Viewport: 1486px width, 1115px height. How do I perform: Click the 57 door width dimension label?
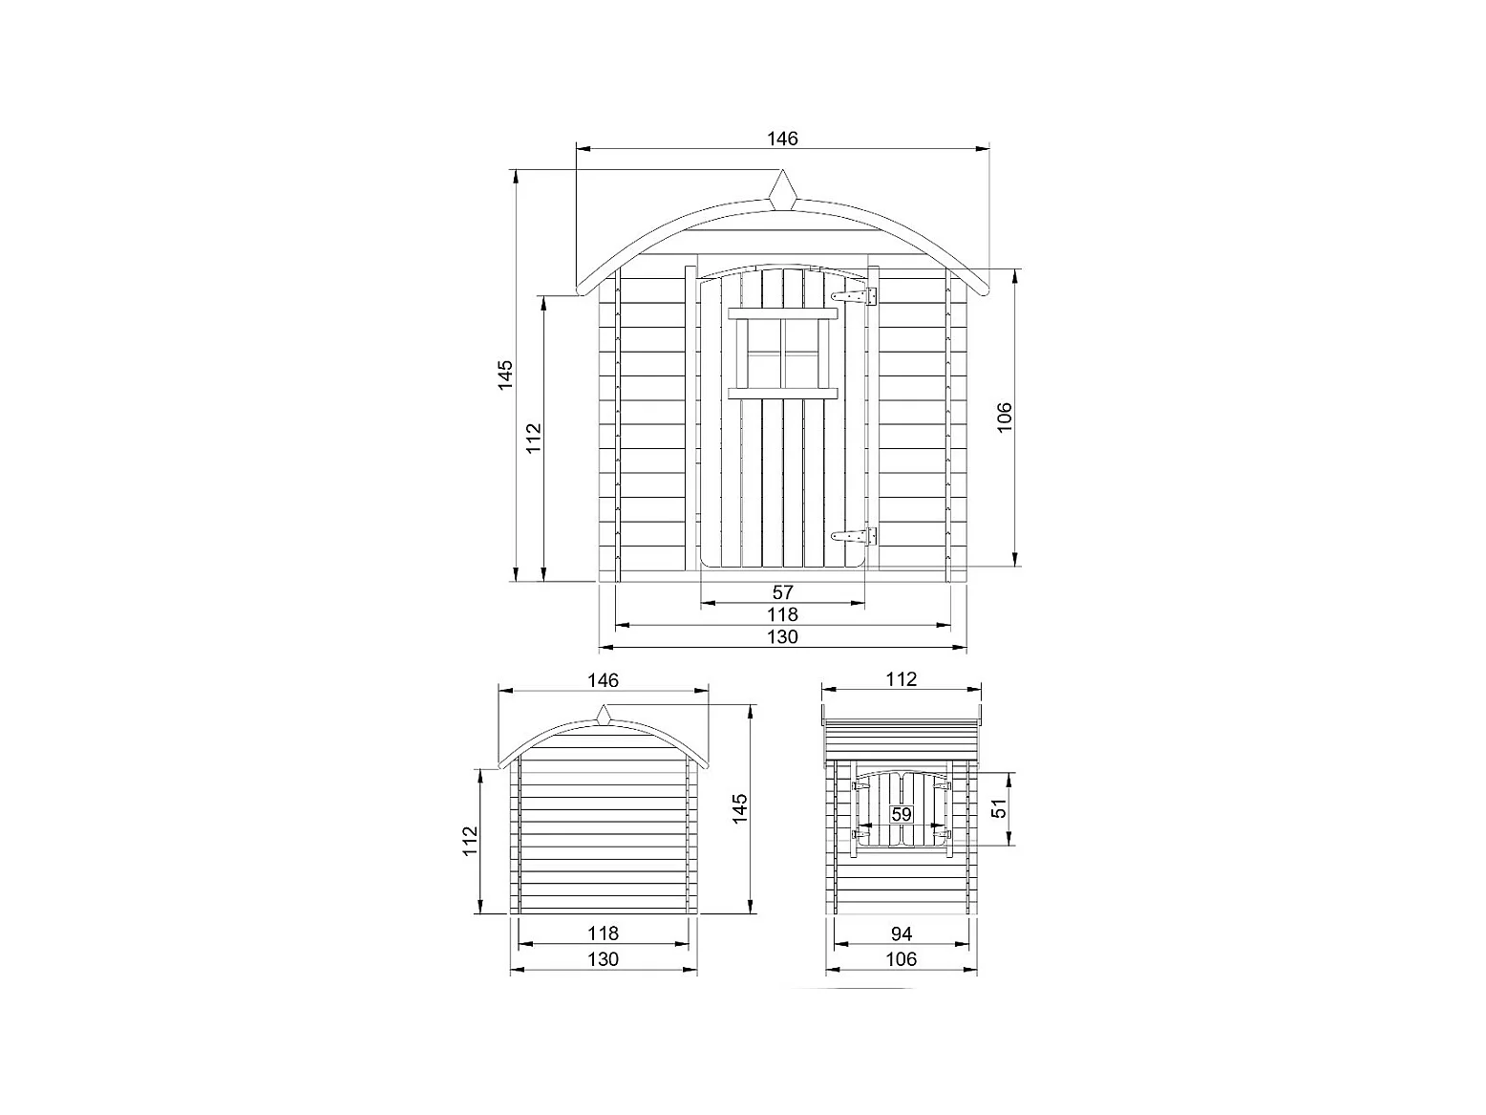click(782, 592)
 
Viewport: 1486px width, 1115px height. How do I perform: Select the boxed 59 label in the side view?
click(902, 814)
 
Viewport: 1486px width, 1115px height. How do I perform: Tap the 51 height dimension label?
click(999, 808)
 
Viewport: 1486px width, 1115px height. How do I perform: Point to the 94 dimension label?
click(902, 934)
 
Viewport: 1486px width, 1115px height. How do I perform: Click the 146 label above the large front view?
click(782, 139)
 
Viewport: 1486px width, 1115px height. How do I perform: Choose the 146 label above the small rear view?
click(603, 680)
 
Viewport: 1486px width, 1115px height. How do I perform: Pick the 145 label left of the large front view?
click(505, 375)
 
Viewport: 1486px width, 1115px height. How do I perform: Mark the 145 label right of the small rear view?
click(739, 808)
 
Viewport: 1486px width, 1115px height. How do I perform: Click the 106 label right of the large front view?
click(1004, 417)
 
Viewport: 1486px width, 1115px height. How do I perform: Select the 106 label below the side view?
click(902, 959)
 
